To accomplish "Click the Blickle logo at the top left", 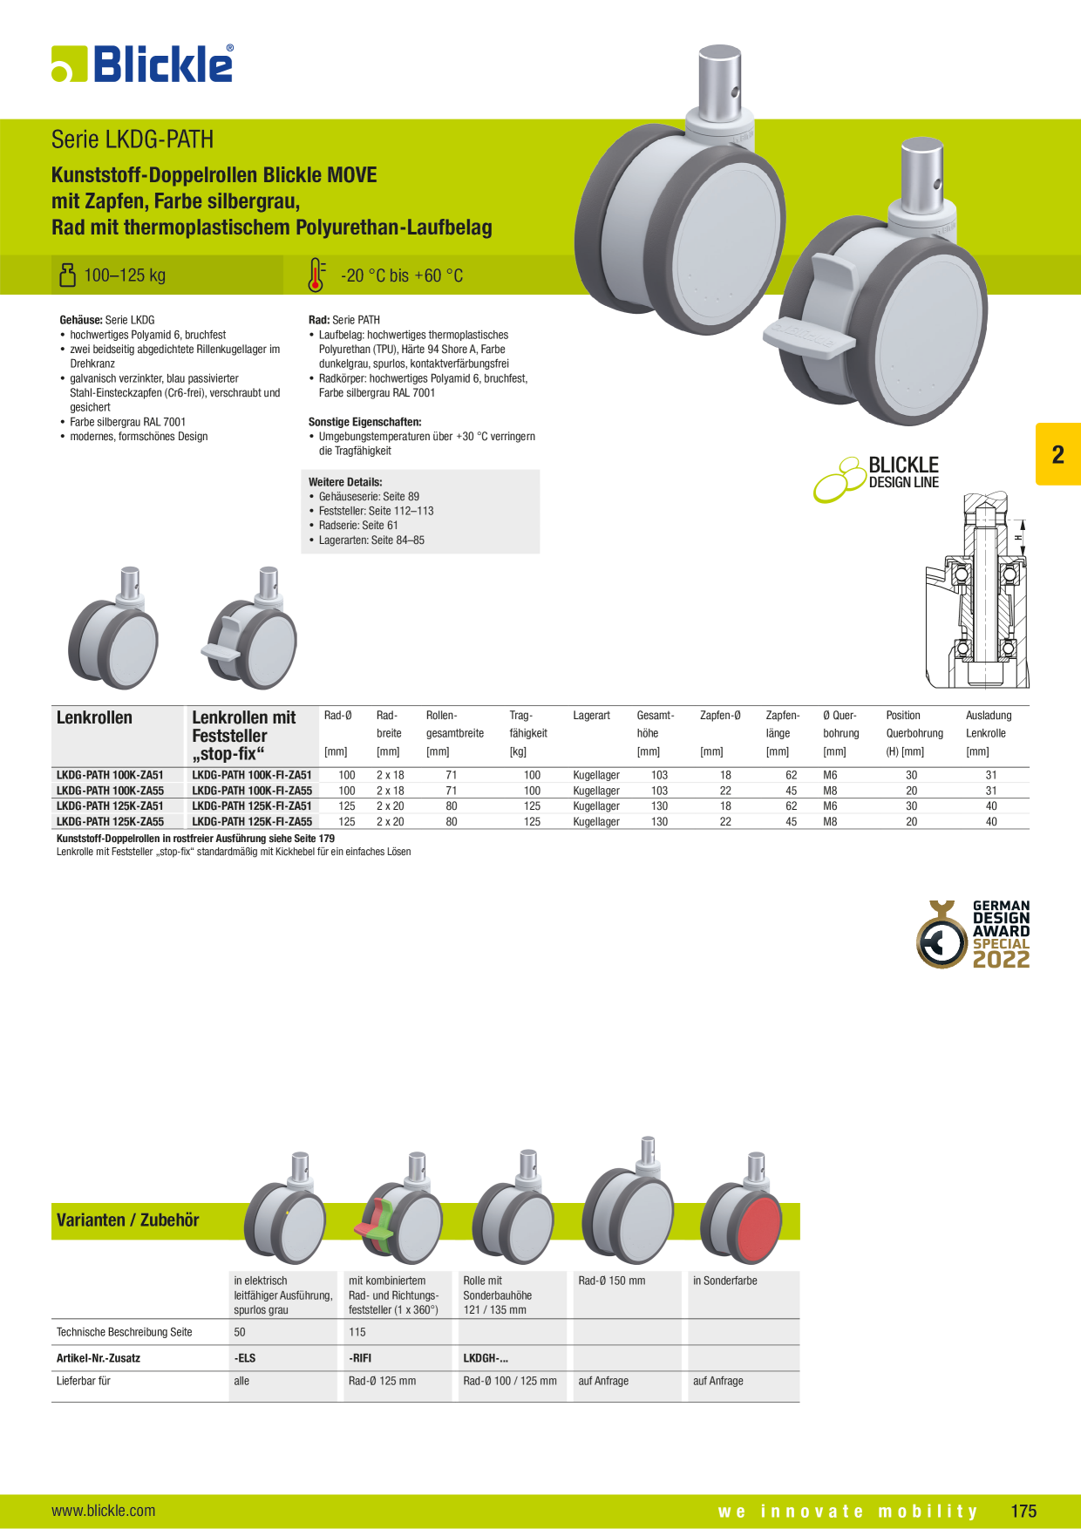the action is [142, 64].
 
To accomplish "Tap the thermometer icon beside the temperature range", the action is [316, 275].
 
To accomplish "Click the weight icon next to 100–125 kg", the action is [67, 275].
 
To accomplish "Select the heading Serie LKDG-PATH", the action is [133, 139].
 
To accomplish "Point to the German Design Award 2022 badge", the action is [973, 934].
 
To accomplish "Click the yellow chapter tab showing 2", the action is [1057, 454].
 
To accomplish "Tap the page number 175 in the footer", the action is [1023, 1511].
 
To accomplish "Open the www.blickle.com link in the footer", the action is [104, 1511].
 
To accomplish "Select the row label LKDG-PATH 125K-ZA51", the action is [110, 806].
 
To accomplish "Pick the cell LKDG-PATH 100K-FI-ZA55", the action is [252, 791].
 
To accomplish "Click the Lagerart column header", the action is [592, 716].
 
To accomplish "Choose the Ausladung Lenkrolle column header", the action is [989, 724].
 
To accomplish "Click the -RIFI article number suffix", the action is [360, 1358].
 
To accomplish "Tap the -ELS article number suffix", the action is [245, 1358].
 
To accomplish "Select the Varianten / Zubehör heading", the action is [127, 1220].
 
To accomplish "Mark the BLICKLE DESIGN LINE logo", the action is [876, 478].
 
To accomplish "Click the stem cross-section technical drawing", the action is [977, 590].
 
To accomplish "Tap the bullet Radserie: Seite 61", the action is [358, 526].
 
